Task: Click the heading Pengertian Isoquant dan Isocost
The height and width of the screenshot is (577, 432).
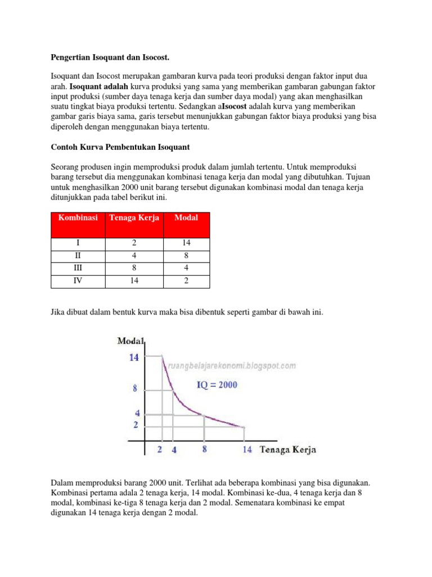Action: [110, 58]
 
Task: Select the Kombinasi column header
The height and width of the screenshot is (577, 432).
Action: [77, 218]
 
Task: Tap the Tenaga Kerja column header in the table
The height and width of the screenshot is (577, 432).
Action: [134, 218]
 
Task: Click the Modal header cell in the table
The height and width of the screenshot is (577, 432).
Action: [186, 218]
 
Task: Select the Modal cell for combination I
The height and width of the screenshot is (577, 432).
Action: [186, 243]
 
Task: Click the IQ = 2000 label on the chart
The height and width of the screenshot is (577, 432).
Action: [217, 385]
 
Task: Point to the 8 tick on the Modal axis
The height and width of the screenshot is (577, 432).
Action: [135, 388]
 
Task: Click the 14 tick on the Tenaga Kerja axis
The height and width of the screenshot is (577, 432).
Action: [247, 450]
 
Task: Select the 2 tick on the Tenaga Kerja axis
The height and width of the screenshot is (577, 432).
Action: [160, 450]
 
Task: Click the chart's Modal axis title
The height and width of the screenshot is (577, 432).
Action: [130, 341]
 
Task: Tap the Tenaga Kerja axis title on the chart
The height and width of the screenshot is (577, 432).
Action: [287, 449]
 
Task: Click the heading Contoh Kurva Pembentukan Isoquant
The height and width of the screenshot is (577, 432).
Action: [120, 147]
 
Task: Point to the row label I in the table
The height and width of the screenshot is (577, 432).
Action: [78, 243]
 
